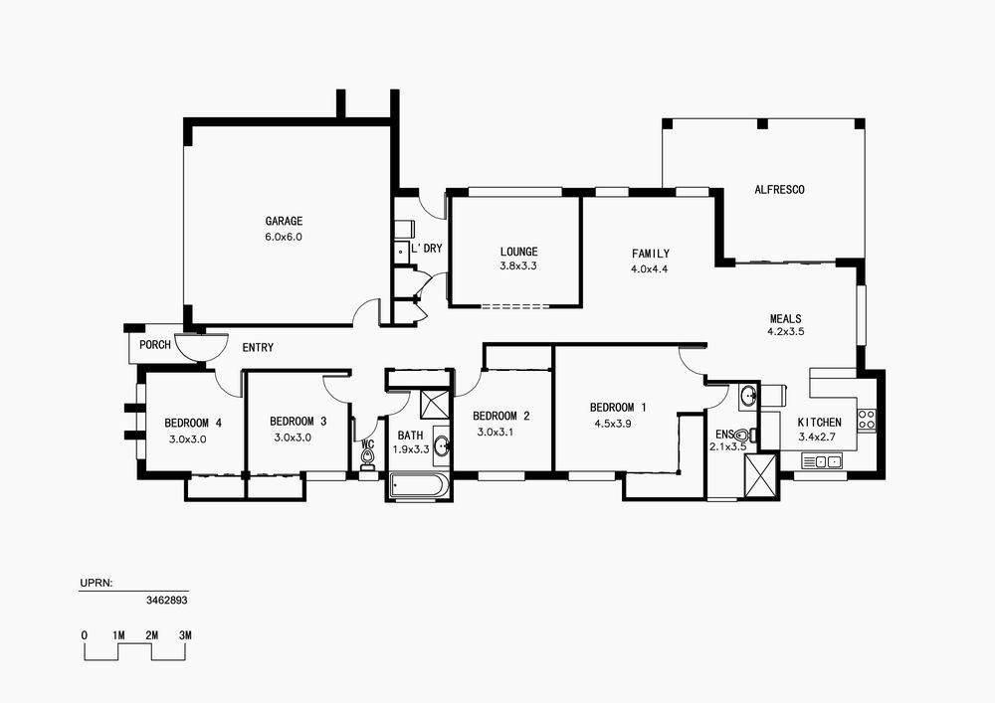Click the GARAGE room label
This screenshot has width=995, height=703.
click(284, 221)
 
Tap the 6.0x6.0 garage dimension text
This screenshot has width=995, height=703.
click(284, 237)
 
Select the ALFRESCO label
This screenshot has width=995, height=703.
click(779, 190)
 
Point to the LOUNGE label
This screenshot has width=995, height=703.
click(518, 252)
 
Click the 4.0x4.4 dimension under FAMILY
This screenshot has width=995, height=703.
click(649, 268)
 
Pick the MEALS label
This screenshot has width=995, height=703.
click(786, 319)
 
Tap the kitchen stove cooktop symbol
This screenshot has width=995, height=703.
click(867, 419)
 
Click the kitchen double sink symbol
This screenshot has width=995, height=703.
click(822, 460)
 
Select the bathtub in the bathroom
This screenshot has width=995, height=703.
click(419, 487)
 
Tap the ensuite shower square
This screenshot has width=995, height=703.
click(760, 474)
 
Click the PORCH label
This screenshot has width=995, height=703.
click(155, 345)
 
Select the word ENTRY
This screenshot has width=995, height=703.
click(258, 347)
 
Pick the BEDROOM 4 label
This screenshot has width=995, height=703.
click(193, 423)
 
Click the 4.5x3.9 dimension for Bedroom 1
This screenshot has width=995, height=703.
click(612, 424)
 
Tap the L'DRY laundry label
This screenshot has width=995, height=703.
click(427, 249)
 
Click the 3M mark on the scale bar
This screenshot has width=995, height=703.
click(185, 635)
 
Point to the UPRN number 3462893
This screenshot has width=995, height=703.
click(167, 600)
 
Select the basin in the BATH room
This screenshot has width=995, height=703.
click(442, 445)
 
